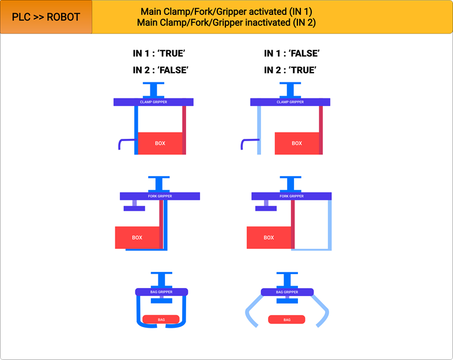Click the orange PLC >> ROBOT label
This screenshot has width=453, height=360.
click(x=46, y=17)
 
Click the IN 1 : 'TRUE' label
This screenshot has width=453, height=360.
click(x=161, y=54)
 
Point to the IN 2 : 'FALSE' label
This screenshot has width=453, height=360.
click(x=161, y=70)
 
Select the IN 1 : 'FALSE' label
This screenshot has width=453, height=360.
click(x=292, y=54)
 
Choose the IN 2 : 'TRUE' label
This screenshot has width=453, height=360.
click(x=292, y=70)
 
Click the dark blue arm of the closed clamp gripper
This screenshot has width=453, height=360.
click(x=136, y=130)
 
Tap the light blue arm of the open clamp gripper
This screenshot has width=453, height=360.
click(x=259, y=130)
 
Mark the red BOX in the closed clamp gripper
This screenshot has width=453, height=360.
click(x=160, y=143)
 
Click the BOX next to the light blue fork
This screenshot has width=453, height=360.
click(x=269, y=237)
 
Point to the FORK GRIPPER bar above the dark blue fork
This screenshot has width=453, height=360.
click(x=160, y=196)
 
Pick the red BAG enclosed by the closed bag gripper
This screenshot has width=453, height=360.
click(x=161, y=319)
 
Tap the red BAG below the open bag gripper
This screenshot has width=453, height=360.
click(x=287, y=320)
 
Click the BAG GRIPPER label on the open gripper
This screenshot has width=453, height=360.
click(x=287, y=292)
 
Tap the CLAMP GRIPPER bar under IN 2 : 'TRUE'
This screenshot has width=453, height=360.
click(x=290, y=102)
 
